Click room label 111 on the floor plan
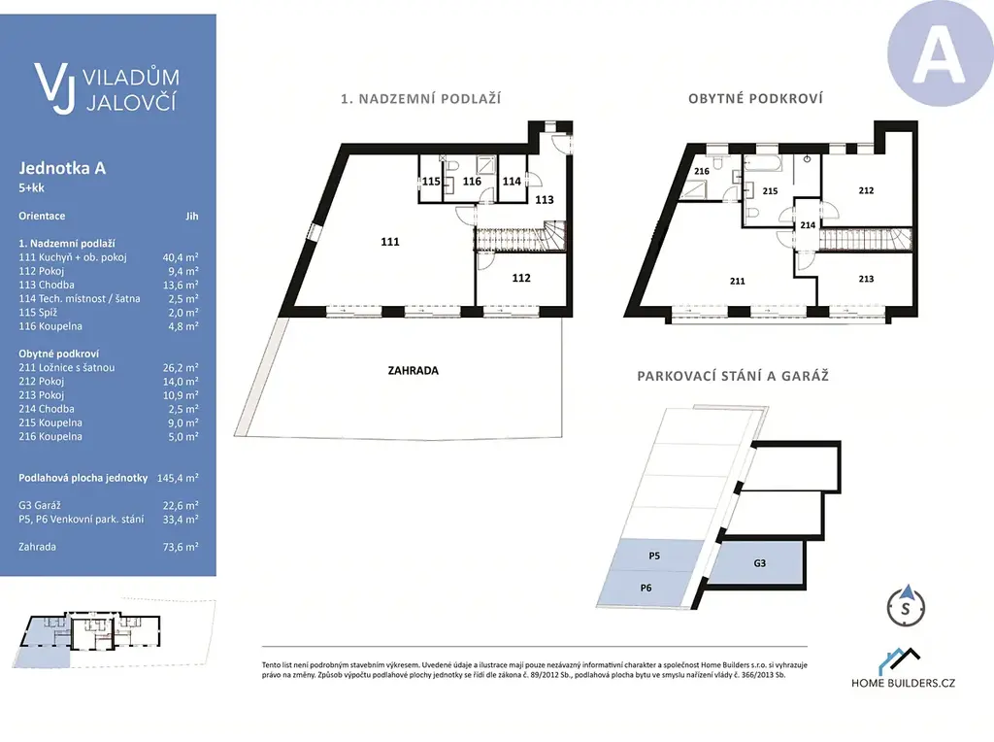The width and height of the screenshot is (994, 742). coord(390,242)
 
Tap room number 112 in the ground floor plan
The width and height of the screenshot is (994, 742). coord(521,278)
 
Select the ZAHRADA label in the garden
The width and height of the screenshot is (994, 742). coord(414,370)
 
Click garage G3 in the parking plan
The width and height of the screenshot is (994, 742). coord(759,563)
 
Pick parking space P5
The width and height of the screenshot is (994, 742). coord(654,556)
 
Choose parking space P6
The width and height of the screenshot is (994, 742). coord(646,588)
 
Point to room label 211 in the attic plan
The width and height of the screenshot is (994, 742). coord(738,281)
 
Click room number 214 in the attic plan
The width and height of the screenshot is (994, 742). coord(808,225)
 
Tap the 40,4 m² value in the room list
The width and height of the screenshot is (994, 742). coord(181,256)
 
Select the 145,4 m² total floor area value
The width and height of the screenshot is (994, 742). coord(179,478)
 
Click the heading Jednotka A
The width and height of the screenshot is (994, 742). coord(62,168)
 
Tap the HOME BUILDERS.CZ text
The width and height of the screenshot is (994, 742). coord(904,683)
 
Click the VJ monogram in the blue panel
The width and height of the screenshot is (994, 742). coord(55,87)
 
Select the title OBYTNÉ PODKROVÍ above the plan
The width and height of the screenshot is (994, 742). coord(755,99)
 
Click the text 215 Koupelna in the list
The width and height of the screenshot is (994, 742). coord(50,423)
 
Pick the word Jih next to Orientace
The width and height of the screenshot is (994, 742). coord(192,217)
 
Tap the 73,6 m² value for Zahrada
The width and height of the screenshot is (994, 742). coord(181,547)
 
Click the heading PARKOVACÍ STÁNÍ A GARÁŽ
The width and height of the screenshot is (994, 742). coord(733,376)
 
